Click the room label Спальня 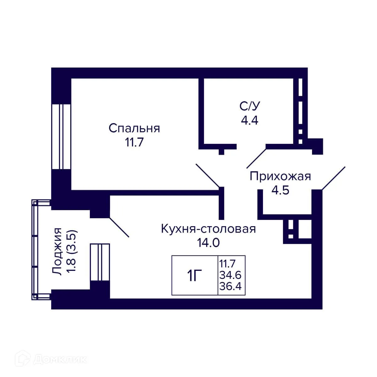[x=134, y=128]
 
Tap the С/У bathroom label [x=250, y=106]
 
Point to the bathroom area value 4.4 [x=249, y=120]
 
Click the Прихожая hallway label [x=280, y=177]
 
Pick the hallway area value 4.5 [x=280, y=190]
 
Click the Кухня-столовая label [x=208, y=229]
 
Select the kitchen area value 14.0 [x=208, y=243]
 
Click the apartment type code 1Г [x=195, y=276]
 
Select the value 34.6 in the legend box [x=231, y=275]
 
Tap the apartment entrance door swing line [x=334, y=178]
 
